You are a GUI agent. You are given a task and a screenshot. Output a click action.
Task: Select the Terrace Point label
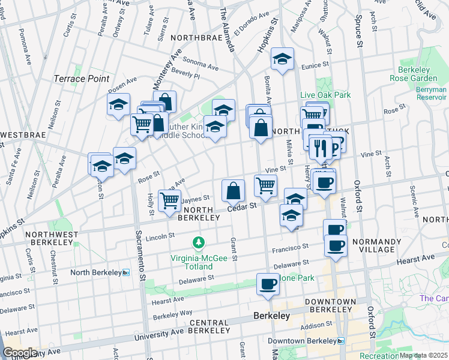tap(82, 79)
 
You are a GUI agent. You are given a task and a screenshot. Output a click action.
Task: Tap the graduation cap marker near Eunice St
tap(282, 59)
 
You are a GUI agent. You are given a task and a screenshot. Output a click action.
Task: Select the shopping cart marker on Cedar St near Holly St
tap(170, 201)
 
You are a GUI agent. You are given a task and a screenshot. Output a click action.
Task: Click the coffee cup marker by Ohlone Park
tap(268, 284)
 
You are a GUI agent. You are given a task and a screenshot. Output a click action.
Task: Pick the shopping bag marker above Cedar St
tap(234, 191)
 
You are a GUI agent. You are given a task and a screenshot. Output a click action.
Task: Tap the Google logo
tap(20, 352)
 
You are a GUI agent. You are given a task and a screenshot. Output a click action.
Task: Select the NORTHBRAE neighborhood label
tap(192, 37)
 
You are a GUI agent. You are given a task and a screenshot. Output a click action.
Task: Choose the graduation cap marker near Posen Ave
tap(119, 104)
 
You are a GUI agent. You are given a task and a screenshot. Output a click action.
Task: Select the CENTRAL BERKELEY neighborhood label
tap(209, 326)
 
